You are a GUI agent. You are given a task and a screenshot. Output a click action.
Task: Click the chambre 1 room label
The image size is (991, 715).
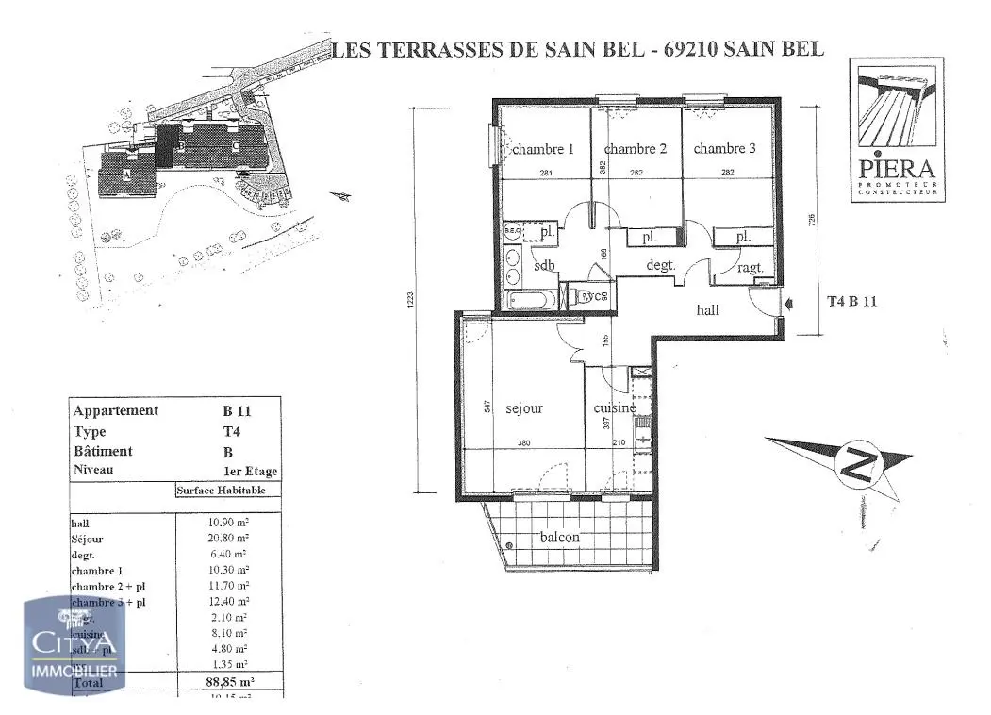click(543, 149)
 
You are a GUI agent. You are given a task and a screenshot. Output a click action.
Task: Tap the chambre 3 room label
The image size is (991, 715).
click(725, 148)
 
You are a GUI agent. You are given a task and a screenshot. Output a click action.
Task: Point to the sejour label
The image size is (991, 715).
click(524, 408)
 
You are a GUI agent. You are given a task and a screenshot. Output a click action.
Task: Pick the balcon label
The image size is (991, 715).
click(560, 537)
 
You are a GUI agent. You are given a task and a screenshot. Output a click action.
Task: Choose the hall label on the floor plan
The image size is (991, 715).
click(707, 309)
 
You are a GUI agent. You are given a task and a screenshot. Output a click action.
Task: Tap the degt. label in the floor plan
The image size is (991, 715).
click(661, 266)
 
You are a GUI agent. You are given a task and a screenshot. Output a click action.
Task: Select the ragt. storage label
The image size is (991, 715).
click(751, 268)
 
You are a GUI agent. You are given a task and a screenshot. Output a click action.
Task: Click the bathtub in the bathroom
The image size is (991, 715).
click(533, 301)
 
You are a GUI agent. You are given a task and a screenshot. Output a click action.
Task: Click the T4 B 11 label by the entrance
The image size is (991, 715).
click(852, 302)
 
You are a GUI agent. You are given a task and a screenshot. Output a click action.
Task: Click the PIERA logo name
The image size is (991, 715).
click(897, 170)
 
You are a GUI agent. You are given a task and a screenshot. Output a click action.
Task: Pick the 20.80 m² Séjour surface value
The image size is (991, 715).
click(229, 539)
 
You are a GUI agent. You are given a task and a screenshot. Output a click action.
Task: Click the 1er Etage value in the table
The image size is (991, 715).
click(250, 472)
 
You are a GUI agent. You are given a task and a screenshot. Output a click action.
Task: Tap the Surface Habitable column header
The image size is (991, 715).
click(227, 491)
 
